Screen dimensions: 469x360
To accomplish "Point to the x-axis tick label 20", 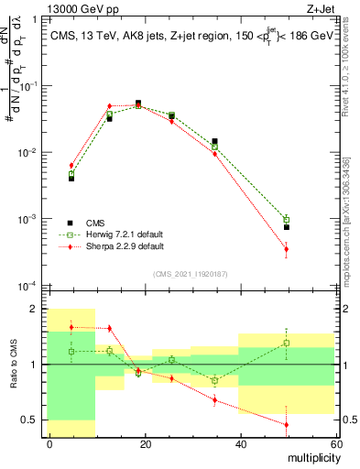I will pyautogui.click(x=144, y=443).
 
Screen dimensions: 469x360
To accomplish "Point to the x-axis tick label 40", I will pyautogui.click(x=239, y=443).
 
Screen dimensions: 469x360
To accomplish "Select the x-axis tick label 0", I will pyautogui.click(x=49, y=443).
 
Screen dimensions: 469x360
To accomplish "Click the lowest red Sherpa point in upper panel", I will pyautogui.click(x=287, y=249).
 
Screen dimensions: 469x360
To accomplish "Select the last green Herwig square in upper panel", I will pyautogui.click(x=287, y=220).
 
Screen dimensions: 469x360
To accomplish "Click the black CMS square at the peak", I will pyautogui.click(x=138, y=104).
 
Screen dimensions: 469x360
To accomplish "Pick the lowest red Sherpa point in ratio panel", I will pyautogui.click(x=287, y=424).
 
